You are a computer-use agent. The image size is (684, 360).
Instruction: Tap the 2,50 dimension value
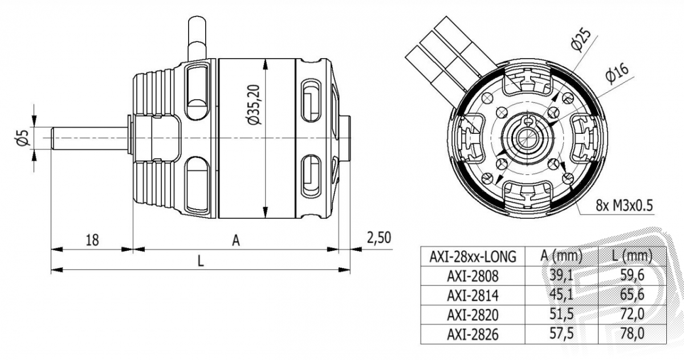pyautogui.click(x=379, y=238)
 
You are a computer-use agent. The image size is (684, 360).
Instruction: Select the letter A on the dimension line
pyautogui.click(x=236, y=241)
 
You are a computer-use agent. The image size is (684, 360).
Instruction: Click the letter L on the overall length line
pyautogui.click(x=200, y=261)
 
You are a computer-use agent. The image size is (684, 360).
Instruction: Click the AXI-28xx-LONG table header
pyautogui.click(x=473, y=257)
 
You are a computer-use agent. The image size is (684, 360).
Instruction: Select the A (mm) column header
pyautogui.click(x=561, y=256)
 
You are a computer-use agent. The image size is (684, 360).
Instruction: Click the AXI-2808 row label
pyautogui.click(x=473, y=276)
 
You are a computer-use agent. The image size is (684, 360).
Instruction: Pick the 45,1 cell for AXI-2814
pyautogui.click(x=561, y=296)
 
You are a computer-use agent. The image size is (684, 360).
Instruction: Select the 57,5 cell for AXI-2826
pyautogui.click(x=561, y=334)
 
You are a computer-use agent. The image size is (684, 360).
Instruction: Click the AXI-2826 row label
pyautogui.click(x=473, y=334)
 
